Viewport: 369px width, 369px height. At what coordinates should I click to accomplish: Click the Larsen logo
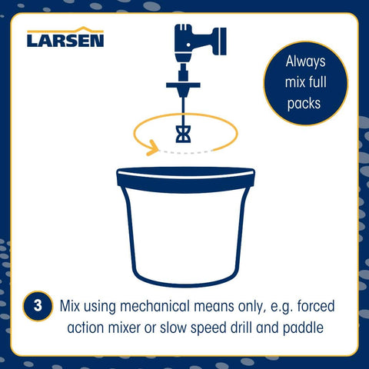point(65,37)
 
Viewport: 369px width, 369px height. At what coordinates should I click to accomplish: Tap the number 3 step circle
point(38,306)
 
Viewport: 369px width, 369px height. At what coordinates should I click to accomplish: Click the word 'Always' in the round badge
point(305,62)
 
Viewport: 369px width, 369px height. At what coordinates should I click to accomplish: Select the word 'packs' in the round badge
point(304,104)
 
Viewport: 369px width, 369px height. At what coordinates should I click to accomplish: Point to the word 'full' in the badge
point(317,82)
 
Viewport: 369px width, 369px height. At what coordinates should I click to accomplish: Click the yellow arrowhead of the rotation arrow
point(152,148)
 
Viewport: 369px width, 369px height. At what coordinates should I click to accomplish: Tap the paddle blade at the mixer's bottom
point(183,134)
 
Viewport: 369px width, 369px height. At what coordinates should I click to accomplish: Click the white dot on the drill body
point(188,45)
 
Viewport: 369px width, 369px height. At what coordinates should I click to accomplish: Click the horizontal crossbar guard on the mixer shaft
point(183,85)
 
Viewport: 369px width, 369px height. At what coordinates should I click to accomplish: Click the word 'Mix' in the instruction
point(70,306)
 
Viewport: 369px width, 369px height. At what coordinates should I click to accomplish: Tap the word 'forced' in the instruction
point(316,306)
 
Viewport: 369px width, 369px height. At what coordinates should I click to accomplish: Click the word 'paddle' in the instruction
point(303,328)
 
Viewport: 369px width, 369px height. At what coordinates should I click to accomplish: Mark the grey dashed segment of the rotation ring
point(185,152)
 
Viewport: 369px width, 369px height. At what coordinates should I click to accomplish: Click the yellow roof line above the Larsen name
point(65,30)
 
